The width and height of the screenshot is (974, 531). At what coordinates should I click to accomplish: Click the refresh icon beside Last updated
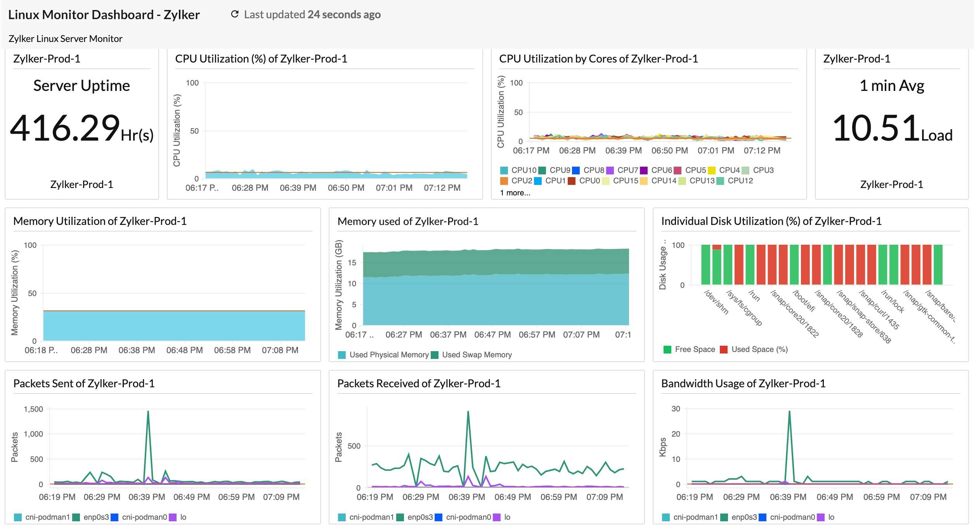point(234,14)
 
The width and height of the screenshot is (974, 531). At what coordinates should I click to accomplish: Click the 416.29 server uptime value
point(65,128)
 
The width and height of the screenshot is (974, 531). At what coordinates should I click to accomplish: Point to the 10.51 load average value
point(876,128)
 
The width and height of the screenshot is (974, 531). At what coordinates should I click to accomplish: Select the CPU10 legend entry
point(518,170)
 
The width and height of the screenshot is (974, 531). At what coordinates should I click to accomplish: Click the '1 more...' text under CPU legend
point(515,193)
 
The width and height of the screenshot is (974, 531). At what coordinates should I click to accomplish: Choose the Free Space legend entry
point(690,349)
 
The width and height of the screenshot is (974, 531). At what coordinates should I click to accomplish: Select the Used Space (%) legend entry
point(754,349)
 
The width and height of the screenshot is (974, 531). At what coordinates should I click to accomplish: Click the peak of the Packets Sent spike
point(148,411)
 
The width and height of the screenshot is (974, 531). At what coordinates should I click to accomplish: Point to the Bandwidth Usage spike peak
point(789,411)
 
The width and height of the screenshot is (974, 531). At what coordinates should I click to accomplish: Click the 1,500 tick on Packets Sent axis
point(33,409)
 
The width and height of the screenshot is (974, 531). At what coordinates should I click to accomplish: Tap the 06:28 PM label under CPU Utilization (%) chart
point(250,188)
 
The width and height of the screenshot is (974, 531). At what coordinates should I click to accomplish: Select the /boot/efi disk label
point(804,301)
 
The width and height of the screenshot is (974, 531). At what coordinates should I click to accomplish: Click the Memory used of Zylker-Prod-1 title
point(407,221)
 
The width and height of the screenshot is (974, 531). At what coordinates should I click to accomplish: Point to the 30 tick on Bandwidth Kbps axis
point(676,409)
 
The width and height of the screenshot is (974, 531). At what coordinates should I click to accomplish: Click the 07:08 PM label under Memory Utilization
point(280,350)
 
